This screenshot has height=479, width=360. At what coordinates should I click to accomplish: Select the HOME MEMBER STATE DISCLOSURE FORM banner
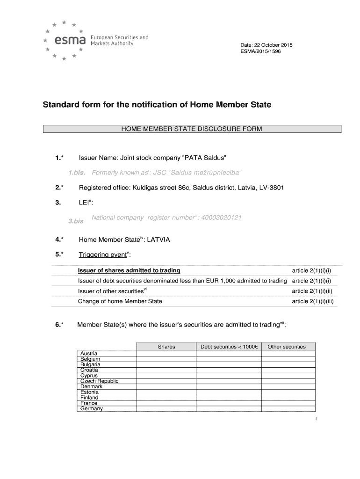(x=192, y=129)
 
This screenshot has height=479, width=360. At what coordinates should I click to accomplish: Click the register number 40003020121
(x=222, y=218)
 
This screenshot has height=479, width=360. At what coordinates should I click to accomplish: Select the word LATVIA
(x=159, y=239)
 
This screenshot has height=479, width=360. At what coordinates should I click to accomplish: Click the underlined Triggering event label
(x=103, y=254)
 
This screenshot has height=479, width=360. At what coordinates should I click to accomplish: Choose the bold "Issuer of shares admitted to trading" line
(x=129, y=271)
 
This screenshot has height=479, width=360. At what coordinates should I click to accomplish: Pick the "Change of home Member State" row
(x=120, y=301)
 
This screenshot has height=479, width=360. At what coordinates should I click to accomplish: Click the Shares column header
(x=166, y=347)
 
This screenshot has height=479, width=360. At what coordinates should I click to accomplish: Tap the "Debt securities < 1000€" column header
(x=229, y=347)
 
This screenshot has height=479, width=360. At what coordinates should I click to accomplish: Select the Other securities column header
(x=287, y=347)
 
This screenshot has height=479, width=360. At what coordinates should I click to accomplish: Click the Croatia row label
(x=89, y=370)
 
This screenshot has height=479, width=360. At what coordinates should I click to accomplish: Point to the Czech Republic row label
(x=100, y=381)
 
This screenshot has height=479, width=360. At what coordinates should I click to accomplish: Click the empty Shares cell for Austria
(x=166, y=354)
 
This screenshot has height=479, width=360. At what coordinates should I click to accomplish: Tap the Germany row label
(x=92, y=408)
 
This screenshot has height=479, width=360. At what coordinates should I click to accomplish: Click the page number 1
(x=317, y=419)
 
